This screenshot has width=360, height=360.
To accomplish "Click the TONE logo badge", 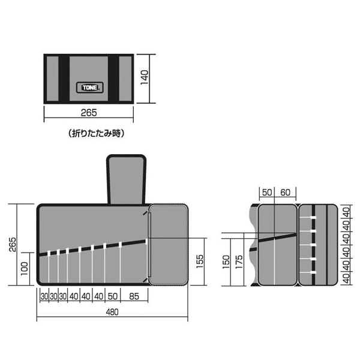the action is click(90, 88).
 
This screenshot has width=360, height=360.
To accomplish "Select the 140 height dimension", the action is click(145, 77).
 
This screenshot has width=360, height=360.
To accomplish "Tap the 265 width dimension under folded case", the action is click(89, 113).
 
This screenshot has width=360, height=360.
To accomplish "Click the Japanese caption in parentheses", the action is click(96, 133).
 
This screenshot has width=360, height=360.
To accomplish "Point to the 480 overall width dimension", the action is click(112, 312).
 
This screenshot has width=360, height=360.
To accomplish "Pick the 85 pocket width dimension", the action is click(134, 296).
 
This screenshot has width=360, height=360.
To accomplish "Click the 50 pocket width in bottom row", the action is click(113, 296).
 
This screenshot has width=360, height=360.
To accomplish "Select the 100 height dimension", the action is click(25, 268).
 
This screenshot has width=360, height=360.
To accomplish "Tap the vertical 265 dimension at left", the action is click(13, 245).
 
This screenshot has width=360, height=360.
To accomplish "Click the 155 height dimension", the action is click(200, 261).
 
